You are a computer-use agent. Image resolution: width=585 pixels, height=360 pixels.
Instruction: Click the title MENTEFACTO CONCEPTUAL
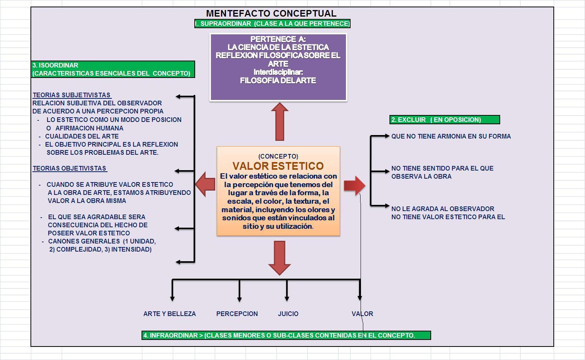coord(271,14)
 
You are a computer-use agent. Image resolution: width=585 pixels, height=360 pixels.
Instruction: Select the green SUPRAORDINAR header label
coord(272,24)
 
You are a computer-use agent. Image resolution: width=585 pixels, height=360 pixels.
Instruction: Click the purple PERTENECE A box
coord(278,68)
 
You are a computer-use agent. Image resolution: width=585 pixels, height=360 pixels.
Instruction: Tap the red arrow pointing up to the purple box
coord(280,122)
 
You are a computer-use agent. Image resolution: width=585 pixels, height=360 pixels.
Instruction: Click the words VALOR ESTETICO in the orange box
coord(278,166)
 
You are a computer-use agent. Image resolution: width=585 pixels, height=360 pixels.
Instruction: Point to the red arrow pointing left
coord(205,184)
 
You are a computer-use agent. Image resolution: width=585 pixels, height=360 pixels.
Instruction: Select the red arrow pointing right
coord(354,186)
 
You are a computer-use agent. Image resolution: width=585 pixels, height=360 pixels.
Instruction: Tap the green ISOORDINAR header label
coord(113,69)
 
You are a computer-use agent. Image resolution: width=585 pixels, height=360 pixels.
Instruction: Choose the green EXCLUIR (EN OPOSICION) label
coord(444,120)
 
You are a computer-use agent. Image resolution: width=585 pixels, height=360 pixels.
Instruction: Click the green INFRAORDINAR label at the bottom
coord(286,335)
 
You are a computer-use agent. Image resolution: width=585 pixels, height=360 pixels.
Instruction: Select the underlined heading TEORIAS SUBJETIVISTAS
coord(72,95)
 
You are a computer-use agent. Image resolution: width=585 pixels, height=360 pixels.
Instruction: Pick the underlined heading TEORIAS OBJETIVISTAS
coord(70,168)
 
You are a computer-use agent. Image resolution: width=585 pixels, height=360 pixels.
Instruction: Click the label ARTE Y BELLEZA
coord(169,314)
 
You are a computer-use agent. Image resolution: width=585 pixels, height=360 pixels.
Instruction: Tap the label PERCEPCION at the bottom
coord(237,314)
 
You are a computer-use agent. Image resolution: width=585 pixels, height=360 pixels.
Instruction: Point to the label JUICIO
coord(288,314)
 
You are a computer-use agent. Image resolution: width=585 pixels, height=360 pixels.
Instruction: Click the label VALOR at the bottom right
coord(362,314)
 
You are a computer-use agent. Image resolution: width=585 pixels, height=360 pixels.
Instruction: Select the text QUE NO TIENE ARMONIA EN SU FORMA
coord(451,136)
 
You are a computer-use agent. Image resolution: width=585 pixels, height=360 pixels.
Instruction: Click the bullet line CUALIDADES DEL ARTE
coord(82,136)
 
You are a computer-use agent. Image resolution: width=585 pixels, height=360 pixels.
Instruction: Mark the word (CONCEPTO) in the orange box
coord(278,156)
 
